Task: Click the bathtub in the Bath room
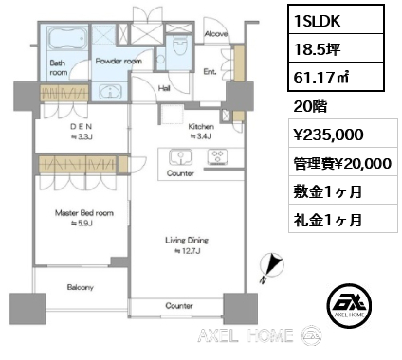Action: [68, 38]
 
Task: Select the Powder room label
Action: [119, 61]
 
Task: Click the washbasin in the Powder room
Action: [110, 92]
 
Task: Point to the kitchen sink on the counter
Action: [180, 157]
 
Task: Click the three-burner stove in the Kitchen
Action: [218, 157]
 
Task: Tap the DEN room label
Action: [81, 126]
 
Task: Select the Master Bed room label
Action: [84, 213]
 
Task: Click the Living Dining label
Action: [187, 241]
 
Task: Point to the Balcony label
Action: [81, 287]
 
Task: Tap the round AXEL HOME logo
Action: [349, 305]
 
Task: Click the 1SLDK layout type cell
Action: [336, 20]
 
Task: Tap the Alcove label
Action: [216, 33]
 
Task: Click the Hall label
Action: [164, 88]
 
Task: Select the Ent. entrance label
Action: [210, 72]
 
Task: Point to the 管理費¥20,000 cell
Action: [343, 164]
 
